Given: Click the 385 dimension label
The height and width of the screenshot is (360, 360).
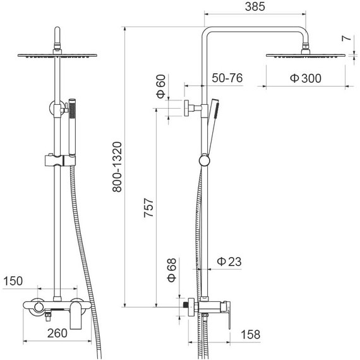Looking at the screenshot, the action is click(x=255, y=6).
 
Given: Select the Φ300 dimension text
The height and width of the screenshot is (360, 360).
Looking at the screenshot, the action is click(x=305, y=78).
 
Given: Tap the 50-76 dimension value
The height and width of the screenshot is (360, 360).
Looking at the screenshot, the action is click(x=227, y=78).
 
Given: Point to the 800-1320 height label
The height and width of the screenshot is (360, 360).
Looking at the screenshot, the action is click(x=117, y=167).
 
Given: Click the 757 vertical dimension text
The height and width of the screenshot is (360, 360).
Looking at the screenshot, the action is click(x=148, y=208).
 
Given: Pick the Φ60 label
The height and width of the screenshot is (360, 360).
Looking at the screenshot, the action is click(x=161, y=86).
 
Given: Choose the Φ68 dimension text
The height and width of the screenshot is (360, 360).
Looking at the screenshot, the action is click(x=172, y=270).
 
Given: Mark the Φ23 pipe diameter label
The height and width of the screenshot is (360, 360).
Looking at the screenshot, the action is click(x=229, y=261).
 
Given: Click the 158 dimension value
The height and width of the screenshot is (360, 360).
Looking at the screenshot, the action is click(x=251, y=335).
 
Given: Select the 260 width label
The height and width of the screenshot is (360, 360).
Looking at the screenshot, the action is click(x=57, y=333).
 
